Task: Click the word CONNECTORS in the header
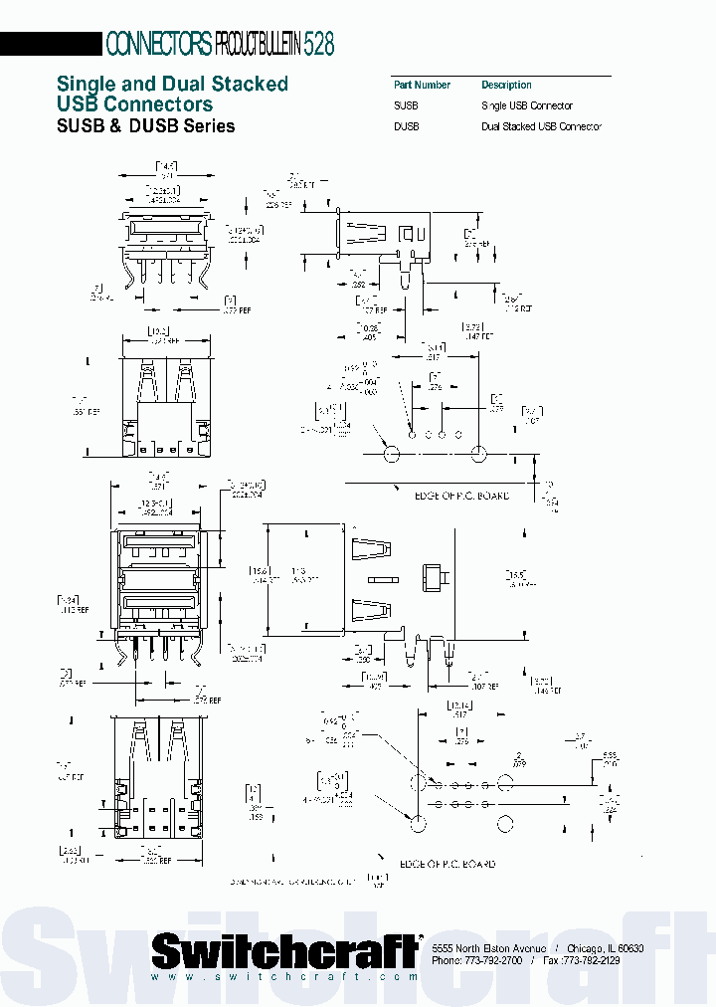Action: [x=158, y=44]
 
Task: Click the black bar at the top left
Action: [x=51, y=44]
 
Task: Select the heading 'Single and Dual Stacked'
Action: [x=172, y=84]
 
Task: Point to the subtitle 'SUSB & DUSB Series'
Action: [x=146, y=126]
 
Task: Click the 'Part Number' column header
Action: [x=422, y=86]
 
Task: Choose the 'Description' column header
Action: [x=506, y=86]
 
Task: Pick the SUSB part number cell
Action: [x=406, y=105]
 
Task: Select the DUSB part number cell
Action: [x=406, y=126]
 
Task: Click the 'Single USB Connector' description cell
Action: [x=526, y=105]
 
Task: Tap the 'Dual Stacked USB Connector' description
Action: [x=541, y=126]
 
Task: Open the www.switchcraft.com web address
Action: [x=285, y=978]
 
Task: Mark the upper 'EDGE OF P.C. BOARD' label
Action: [x=447, y=495]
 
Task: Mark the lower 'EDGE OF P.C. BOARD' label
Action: [x=447, y=864]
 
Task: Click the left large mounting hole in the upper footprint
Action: [x=391, y=454]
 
